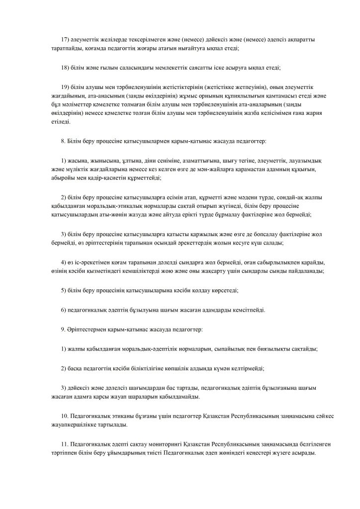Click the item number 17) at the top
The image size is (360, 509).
click(x=64, y=39)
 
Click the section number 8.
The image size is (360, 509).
click(x=63, y=141)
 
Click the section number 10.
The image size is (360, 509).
click(x=65, y=417)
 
